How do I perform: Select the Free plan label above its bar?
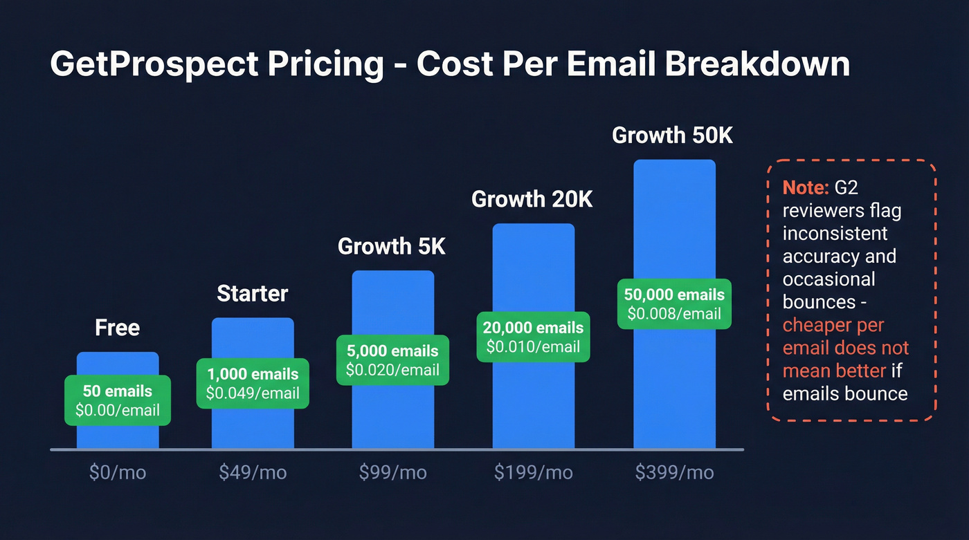(117, 327)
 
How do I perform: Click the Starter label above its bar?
(253, 293)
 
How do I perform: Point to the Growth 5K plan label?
(392, 246)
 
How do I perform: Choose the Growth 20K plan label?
(532, 199)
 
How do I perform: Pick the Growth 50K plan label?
(672, 136)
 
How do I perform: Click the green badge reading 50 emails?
(117, 400)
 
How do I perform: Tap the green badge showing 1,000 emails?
(253, 384)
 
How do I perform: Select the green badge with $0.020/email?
(392, 361)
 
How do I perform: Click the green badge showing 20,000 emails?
(533, 337)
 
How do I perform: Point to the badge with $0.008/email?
(674, 304)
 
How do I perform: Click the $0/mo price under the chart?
(118, 473)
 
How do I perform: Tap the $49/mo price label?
(253, 473)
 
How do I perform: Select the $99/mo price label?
(392, 473)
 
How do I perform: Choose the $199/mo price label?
(533, 473)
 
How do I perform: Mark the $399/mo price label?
(674, 473)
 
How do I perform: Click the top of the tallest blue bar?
(674, 163)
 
